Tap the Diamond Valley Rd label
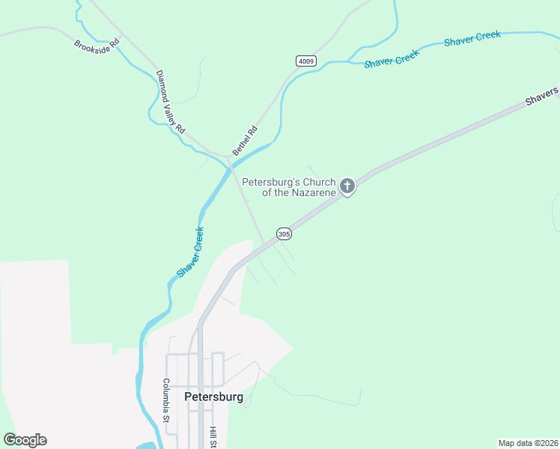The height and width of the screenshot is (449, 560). click(x=170, y=102)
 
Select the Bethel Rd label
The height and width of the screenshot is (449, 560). click(x=245, y=140)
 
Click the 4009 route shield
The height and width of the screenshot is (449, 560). click(x=305, y=61)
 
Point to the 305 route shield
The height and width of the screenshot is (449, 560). click(x=283, y=234)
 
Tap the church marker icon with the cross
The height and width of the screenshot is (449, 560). click(x=347, y=185)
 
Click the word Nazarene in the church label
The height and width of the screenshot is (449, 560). click(x=309, y=192)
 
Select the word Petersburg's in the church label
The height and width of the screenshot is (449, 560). click(x=270, y=182)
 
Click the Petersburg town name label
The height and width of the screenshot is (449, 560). click(x=213, y=397)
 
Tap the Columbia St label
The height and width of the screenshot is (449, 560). click(x=167, y=401)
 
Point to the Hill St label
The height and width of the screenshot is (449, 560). click(x=213, y=437)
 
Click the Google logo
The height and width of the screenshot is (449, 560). click(x=25, y=440)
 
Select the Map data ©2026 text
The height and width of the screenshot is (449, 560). click(x=528, y=443)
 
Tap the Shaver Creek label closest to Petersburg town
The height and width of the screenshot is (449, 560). click(x=190, y=252)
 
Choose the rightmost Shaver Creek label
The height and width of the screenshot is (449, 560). click(x=472, y=39)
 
